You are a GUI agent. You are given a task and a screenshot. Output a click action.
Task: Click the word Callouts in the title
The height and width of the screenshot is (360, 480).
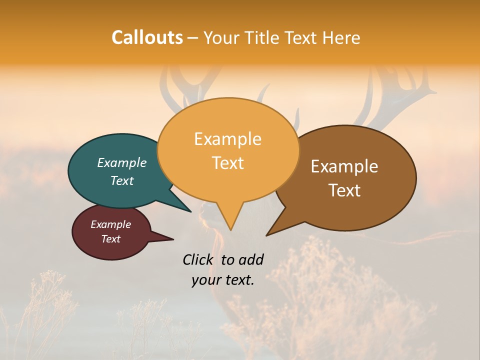click(x=147, y=37)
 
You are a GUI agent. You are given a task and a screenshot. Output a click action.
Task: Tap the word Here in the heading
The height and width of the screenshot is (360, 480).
click(x=341, y=37)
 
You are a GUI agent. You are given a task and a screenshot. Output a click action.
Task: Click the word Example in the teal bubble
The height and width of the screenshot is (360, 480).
click(x=122, y=163)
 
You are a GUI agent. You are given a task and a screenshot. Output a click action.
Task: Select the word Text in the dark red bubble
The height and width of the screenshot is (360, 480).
click(x=111, y=239)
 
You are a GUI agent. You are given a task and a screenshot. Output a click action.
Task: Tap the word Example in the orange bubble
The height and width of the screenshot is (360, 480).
click(x=228, y=139)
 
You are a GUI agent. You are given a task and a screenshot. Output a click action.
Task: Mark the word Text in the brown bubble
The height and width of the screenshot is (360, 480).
click(x=345, y=190)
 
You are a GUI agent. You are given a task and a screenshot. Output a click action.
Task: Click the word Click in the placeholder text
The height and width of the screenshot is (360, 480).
click(x=199, y=259)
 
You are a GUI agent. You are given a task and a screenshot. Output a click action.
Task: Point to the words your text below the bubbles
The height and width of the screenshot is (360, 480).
click(x=223, y=280)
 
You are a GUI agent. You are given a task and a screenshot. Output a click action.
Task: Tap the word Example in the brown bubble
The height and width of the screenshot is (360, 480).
click(x=344, y=166)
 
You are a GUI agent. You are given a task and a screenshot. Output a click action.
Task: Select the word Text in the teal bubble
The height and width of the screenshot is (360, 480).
click(x=122, y=181)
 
